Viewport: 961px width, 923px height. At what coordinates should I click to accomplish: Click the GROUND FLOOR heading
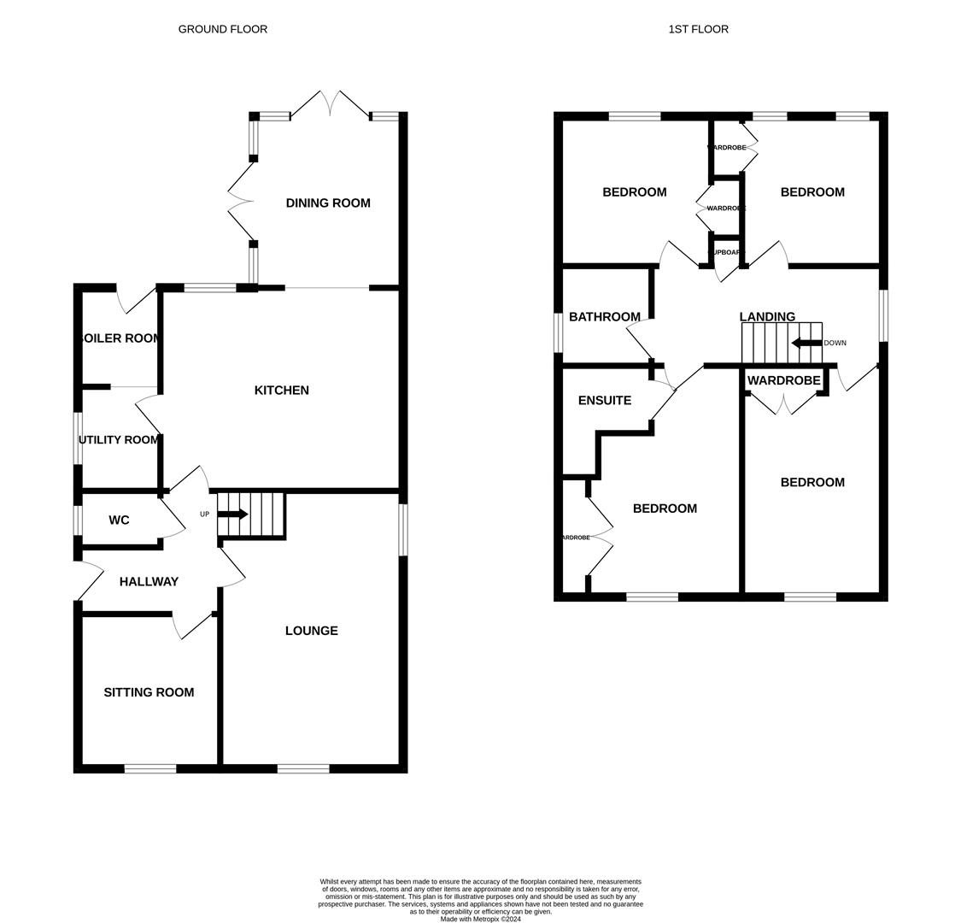(x=222, y=29)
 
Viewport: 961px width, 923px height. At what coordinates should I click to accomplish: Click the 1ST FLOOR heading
(x=698, y=29)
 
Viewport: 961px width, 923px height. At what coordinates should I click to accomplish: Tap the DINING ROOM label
(x=328, y=203)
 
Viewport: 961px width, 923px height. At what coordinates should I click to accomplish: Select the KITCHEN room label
(x=281, y=391)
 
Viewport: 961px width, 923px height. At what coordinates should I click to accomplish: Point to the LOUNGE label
(x=311, y=631)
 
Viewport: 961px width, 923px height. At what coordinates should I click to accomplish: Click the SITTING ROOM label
(x=149, y=692)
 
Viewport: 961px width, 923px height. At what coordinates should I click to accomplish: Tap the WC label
(x=119, y=520)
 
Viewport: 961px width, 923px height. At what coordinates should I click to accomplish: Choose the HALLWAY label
(x=149, y=582)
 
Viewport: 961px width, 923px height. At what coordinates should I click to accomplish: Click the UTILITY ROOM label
(x=119, y=440)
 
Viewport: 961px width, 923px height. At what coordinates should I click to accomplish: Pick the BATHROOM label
(x=604, y=317)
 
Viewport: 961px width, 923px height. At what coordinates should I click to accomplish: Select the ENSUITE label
(x=604, y=401)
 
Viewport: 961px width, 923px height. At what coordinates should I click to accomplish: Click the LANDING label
(x=767, y=317)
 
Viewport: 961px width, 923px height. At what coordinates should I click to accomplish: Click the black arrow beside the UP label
(x=232, y=514)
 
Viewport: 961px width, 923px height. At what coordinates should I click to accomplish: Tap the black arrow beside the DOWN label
(x=806, y=344)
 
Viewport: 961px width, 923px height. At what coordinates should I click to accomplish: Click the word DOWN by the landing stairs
(x=835, y=344)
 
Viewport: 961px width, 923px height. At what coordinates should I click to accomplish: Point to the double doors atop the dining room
(x=331, y=103)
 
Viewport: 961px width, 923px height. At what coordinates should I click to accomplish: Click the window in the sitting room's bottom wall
(x=150, y=769)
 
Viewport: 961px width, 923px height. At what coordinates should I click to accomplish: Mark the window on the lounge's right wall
(x=403, y=530)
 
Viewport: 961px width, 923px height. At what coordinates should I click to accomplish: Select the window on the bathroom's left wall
(x=558, y=332)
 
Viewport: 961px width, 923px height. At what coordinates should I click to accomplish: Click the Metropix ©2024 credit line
(x=480, y=920)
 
